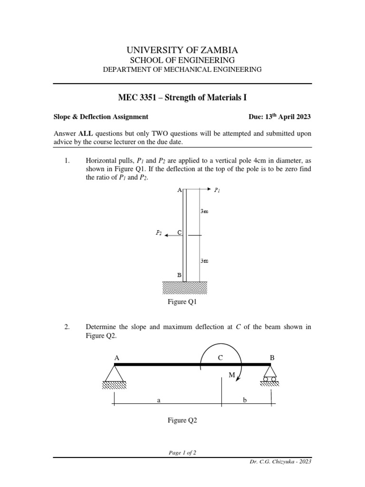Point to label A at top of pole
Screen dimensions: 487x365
pyautogui.click(x=179, y=190)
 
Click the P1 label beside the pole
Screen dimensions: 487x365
pyautogui.click(x=217, y=190)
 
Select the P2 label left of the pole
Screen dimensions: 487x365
pyautogui.click(x=159, y=233)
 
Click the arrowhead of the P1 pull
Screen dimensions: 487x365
pyautogui.click(x=209, y=189)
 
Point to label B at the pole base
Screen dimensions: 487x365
pyautogui.click(x=179, y=275)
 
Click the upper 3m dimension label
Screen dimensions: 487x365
pyautogui.click(x=204, y=211)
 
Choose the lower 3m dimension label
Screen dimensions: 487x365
pyautogui.click(x=204, y=261)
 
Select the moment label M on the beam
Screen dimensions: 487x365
pyautogui.click(x=232, y=375)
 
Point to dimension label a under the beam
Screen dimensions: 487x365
pyautogui.click(x=159, y=401)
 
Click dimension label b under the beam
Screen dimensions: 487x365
pyautogui.click(x=245, y=401)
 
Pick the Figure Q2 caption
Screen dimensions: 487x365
pyautogui.click(x=182, y=420)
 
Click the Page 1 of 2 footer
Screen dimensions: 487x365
pyautogui.click(x=182, y=453)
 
